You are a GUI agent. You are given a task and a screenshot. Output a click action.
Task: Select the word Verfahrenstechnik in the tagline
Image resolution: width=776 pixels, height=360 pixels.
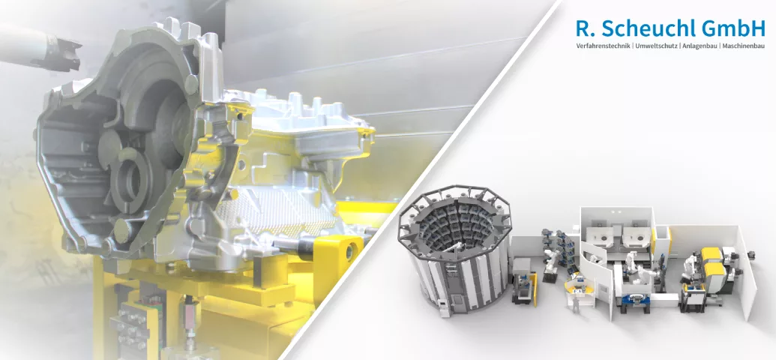pyautogui.click(x=603, y=46)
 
